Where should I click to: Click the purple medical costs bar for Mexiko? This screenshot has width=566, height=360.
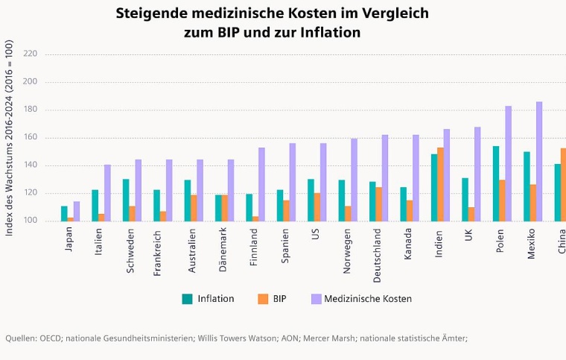click(539, 162)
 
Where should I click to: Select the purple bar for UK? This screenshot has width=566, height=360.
click(477, 174)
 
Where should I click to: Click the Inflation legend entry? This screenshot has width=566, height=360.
click(208, 299)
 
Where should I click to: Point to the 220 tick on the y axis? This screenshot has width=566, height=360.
click(30, 54)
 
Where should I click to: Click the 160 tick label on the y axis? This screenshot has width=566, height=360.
click(30, 138)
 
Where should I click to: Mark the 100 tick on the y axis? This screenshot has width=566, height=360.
click(30, 221)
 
